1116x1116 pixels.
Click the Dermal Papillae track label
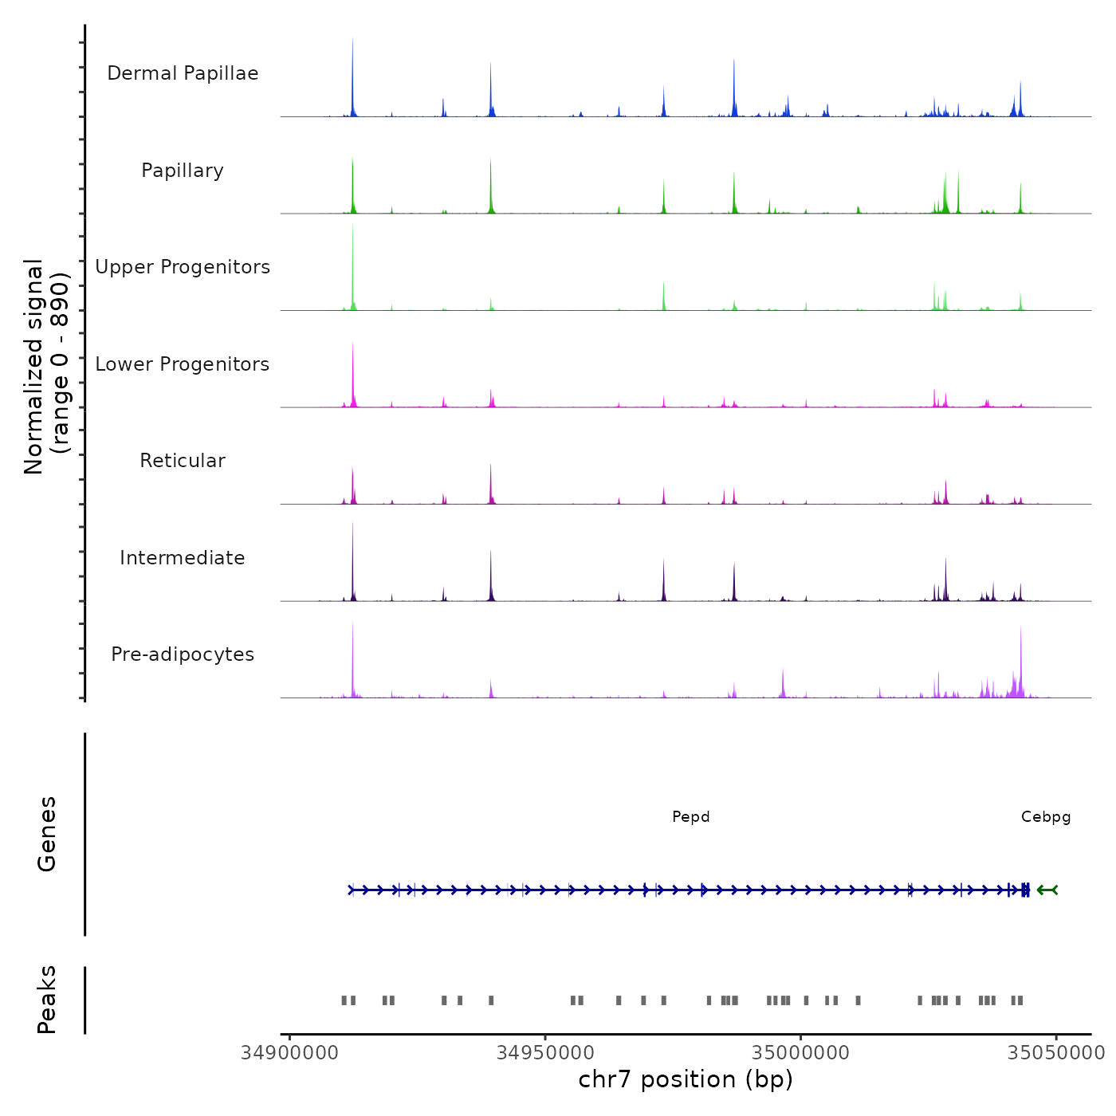point(183,73)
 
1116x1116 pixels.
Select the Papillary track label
point(183,171)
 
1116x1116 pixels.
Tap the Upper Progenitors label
point(183,267)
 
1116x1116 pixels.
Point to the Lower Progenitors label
point(183,364)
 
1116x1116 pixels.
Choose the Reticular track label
point(183,461)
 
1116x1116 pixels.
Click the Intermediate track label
point(183,558)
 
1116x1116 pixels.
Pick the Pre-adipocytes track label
point(183,654)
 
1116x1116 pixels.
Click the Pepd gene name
point(690,817)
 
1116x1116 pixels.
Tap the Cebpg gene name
point(1046,817)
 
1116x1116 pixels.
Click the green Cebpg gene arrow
point(1047,890)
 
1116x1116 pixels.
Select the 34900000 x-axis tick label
point(289,1053)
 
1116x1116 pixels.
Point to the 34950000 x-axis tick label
point(545,1053)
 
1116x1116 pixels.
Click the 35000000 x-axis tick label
point(801,1053)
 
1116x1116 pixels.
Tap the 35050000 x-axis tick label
point(1056,1053)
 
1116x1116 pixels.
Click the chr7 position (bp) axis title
point(686,1080)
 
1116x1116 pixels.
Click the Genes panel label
point(47,834)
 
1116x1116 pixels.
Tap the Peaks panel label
point(47,1000)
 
